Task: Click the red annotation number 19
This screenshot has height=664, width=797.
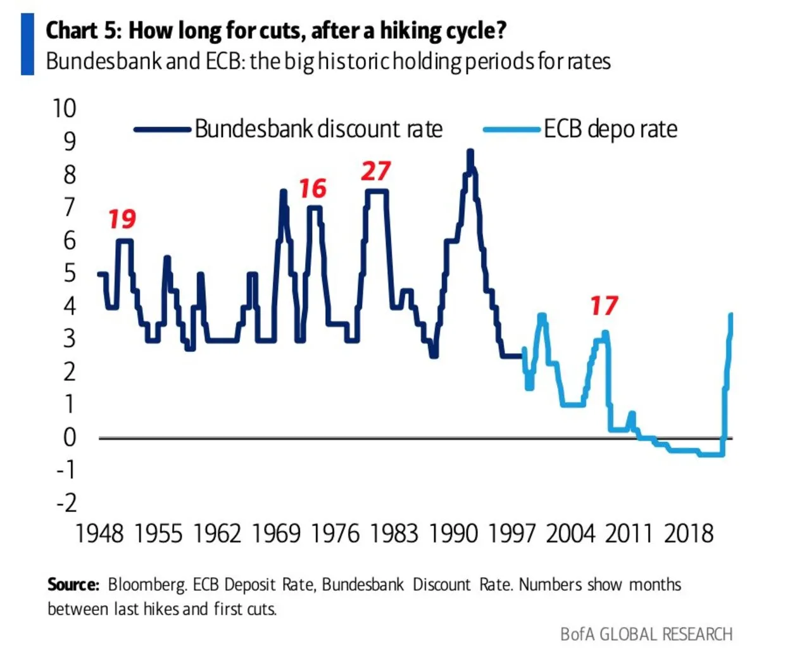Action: click(122, 219)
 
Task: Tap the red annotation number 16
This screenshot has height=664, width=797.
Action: click(312, 189)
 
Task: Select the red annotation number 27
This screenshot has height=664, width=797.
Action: click(375, 171)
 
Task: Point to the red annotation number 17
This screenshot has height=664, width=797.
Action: click(603, 306)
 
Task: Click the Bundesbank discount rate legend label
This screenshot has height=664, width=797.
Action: click(318, 129)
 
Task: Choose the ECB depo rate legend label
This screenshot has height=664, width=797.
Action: click(610, 129)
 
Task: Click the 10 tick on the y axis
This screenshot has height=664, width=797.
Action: click(64, 108)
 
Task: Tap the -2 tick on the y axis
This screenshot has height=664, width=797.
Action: click(66, 503)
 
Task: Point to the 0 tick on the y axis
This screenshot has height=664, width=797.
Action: click(70, 437)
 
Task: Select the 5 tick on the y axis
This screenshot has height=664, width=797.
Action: click(70, 273)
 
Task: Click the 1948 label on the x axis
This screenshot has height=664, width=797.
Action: click(99, 534)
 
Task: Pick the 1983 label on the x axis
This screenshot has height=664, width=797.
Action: click(394, 534)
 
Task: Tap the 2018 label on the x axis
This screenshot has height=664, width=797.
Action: click(688, 534)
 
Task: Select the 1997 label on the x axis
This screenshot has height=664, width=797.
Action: click(511, 534)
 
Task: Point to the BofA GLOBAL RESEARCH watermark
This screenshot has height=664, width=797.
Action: click(646, 634)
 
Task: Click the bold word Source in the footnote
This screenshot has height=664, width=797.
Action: click(73, 584)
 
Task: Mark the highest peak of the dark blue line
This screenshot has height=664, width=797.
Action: click(470, 151)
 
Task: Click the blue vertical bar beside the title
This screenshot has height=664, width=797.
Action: click(27, 44)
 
